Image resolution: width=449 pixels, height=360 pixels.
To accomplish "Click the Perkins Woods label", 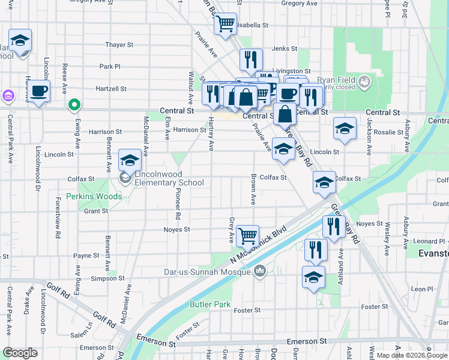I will click(94, 196).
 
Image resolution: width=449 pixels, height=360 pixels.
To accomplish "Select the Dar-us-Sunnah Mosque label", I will click(207, 272).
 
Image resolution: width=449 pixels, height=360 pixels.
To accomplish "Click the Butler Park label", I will click(210, 305).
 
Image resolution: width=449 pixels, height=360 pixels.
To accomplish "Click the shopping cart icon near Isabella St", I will click(226, 25).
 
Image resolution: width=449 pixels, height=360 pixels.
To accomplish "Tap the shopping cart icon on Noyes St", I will click(247, 236).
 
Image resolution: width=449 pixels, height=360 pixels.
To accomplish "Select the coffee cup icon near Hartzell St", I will click(39, 91).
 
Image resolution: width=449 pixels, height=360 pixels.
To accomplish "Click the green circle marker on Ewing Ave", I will click(74, 105).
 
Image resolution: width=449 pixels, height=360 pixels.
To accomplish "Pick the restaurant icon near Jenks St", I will click(251, 59).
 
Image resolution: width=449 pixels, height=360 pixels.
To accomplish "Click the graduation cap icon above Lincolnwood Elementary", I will click(130, 160).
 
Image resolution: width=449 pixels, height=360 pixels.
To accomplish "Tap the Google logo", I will click(20, 353).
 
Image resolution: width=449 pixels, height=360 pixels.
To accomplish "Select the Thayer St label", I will click(119, 45).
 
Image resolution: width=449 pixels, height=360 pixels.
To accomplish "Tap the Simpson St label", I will click(103, 278).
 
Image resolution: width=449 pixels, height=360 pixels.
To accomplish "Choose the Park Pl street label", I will click(110, 67).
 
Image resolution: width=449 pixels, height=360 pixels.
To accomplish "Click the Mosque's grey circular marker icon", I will click(259, 272).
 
